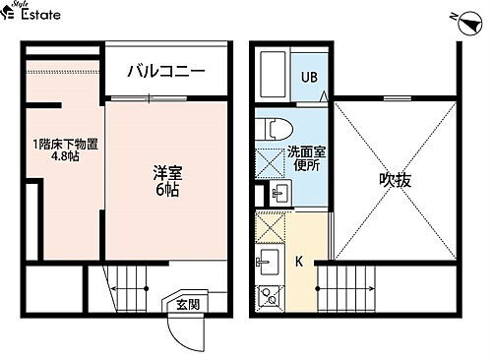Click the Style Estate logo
31,14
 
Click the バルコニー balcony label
164,72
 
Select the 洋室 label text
165,172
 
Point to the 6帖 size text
165,190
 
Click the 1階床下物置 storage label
65,145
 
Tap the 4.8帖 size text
64,158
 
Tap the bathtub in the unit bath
273,75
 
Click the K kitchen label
299,263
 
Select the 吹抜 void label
395,181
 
